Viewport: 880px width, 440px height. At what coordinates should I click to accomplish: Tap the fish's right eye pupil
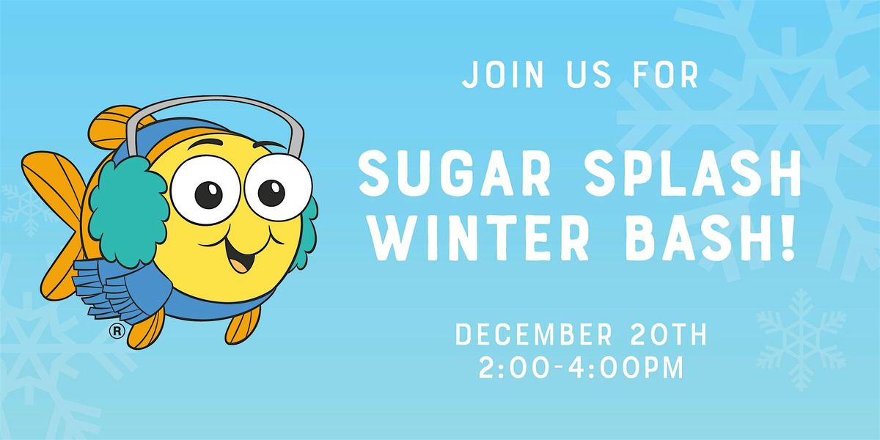coord(272,192)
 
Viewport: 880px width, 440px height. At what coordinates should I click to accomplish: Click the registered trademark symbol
coord(116,331)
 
